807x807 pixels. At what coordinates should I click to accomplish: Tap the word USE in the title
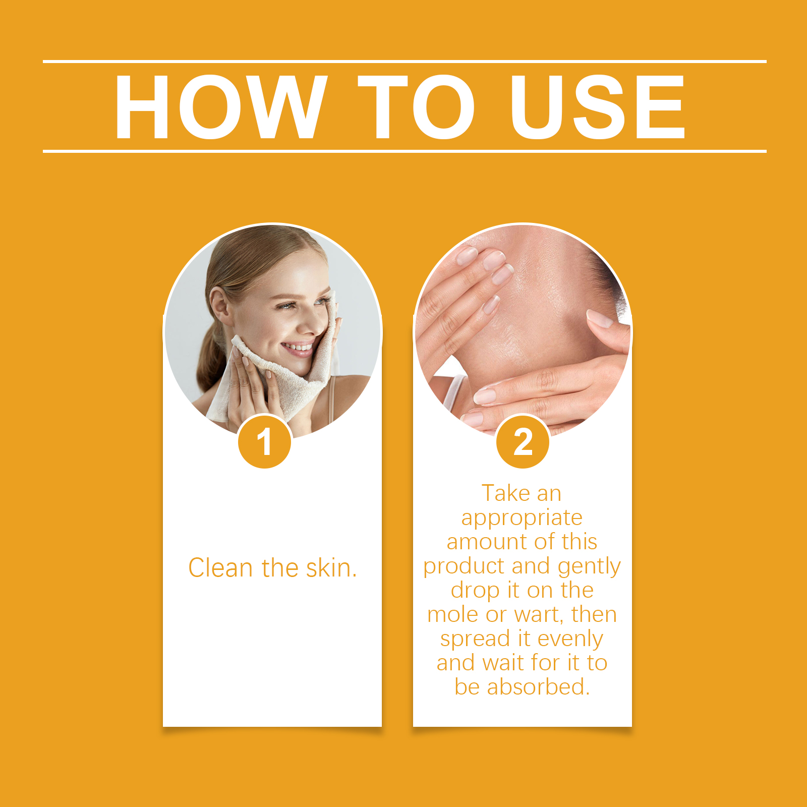[x=598, y=107]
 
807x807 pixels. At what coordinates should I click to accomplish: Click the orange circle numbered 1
[x=265, y=442]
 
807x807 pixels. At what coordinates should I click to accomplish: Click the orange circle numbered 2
[x=523, y=442]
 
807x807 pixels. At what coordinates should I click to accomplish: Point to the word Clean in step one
[x=220, y=568]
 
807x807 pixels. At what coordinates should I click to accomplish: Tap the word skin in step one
[x=328, y=568]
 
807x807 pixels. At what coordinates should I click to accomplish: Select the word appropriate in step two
[x=522, y=518]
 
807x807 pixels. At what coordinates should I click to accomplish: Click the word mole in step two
[x=452, y=614]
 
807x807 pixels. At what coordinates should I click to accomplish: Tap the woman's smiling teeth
[x=298, y=347]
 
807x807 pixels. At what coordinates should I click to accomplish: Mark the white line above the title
[x=405, y=62]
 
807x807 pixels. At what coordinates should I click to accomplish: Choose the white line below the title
[x=405, y=151]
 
